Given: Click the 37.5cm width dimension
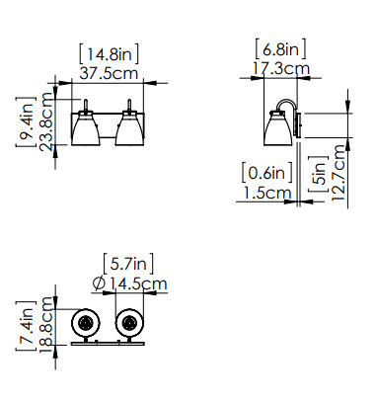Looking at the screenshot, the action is pos(109,73).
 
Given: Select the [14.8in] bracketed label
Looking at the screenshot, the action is pos(109,53).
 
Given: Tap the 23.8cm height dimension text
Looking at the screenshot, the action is pos(45,121).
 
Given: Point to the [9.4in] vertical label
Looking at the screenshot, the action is pos(26,121).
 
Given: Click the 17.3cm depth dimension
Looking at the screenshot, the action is pos(281,69).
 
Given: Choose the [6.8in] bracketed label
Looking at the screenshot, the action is pos(280,49).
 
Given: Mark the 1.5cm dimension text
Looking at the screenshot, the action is pos(267,193).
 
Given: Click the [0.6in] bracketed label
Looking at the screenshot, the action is pos(266,172).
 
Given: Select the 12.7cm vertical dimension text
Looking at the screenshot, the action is pos(338,173).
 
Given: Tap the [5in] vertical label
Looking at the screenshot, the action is pos(318,174).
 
